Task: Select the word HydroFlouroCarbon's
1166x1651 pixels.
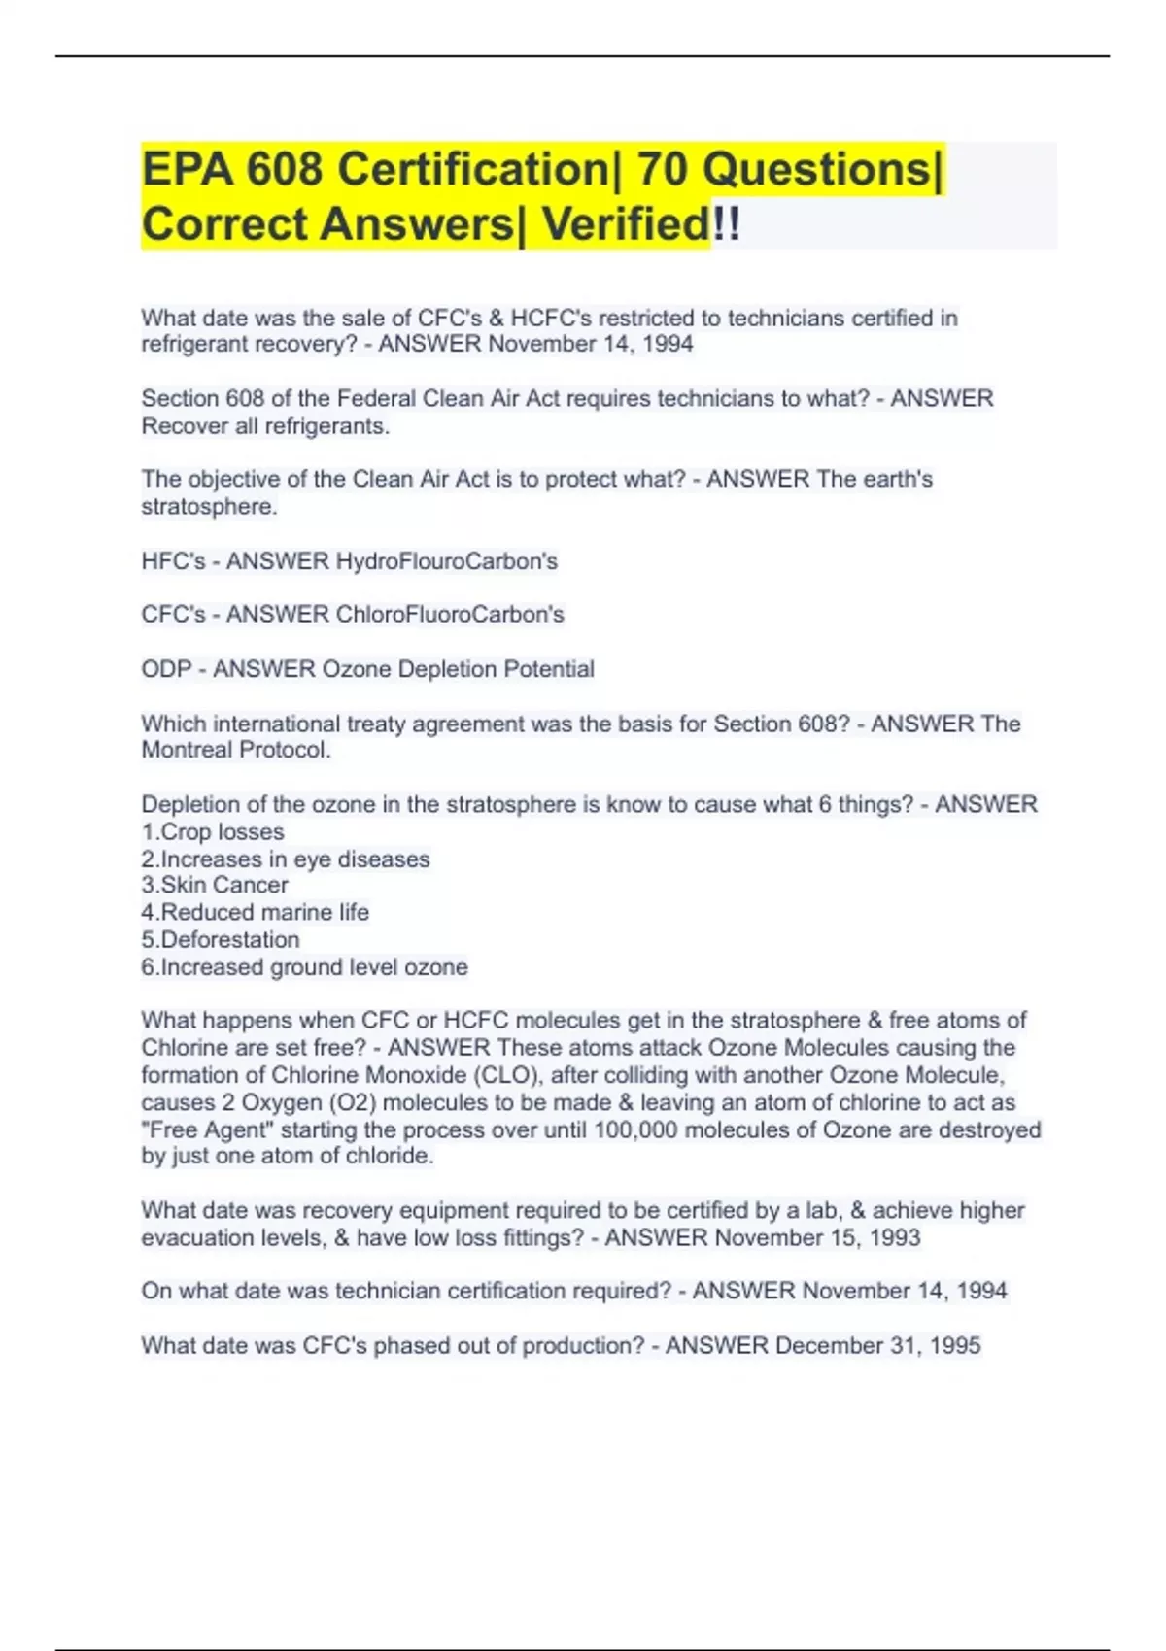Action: point(446,561)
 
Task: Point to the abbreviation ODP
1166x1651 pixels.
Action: point(166,669)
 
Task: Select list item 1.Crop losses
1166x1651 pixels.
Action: point(213,832)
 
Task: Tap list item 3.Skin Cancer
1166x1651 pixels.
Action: point(215,885)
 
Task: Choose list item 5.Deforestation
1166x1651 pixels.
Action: point(221,939)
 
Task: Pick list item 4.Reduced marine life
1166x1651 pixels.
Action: point(255,912)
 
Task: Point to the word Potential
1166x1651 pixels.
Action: point(548,669)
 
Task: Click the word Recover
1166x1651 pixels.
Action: point(185,425)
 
